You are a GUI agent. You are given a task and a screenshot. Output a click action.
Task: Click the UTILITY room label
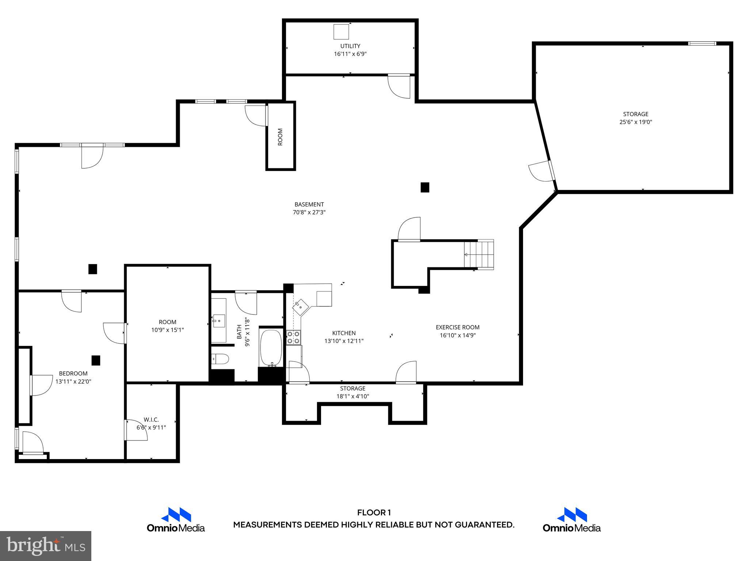pyautogui.click(x=350, y=46)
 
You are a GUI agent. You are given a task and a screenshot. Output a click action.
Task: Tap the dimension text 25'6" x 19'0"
pyautogui.click(x=636, y=122)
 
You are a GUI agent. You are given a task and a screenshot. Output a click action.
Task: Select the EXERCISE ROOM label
pyautogui.click(x=457, y=327)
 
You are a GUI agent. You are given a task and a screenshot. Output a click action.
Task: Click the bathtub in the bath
pyautogui.click(x=271, y=348)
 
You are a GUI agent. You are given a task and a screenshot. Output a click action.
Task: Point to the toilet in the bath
pyautogui.click(x=220, y=359)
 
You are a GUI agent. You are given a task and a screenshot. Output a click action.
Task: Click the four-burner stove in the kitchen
pyautogui.click(x=293, y=337)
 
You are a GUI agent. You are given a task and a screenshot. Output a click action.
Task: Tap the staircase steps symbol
pyautogui.click(x=479, y=254)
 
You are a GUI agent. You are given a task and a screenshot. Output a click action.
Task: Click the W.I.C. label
pyautogui.click(x=151, y=420)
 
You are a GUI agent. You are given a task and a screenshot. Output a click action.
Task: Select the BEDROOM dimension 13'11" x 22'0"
pyautogui.click(x=73, y=381)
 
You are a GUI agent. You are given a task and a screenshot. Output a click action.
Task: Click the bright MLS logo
pyautogui.click(x=45, y=546)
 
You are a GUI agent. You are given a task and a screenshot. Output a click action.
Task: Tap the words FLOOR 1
pyautogui.click(x=374, y=512)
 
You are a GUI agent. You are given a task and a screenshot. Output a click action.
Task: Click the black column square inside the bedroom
pyautogui.click(x=96, y=360)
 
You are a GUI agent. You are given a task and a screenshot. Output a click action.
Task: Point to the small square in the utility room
pyautogui.click(x=341, y=32)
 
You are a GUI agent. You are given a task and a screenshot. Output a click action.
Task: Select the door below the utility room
pyautogui.click(x=399, y=86)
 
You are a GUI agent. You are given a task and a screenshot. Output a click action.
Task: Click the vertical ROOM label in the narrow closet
pyautogui.click(x=280, y=137)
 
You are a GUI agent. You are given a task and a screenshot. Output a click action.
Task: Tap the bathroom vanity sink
pyautogui.click(x=219, y=321)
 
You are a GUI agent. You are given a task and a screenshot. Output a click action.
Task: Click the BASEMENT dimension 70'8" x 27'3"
pyautogui.click(x=309, y=212)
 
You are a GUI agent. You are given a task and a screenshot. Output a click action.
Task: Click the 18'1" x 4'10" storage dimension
pyautogui.click(x=352, y=396)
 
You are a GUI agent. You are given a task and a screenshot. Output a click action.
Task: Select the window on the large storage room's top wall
pyautogui.click(x=702, y=43)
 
